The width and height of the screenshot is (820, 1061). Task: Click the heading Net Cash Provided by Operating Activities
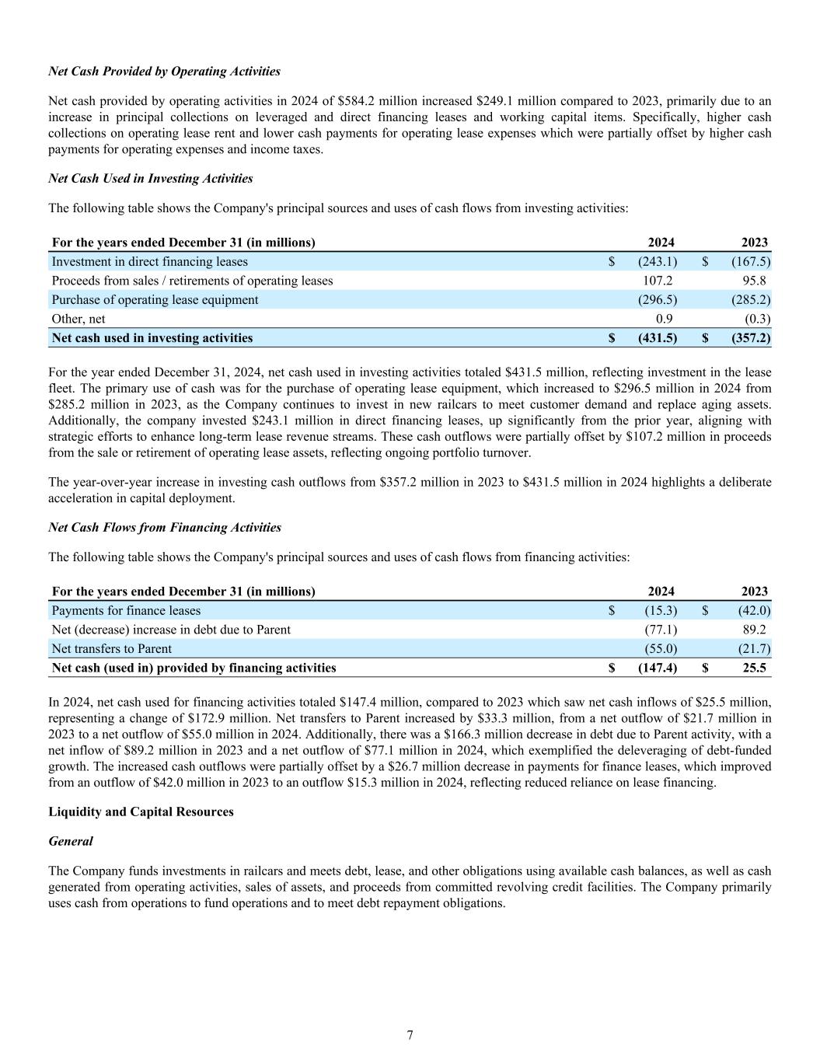[164, 72]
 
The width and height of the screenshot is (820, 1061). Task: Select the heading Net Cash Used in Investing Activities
[150, 179]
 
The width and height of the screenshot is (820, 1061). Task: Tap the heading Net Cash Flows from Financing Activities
[165, 528]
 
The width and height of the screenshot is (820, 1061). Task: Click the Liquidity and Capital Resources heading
[141, 812]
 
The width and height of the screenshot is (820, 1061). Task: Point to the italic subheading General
[70, 842]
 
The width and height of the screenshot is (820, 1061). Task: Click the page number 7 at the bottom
[410, 1035]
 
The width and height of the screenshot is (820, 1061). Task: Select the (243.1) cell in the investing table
[657, 262]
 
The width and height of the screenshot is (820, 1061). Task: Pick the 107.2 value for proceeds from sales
[658, 281]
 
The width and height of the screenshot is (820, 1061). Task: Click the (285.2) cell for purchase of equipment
[750, 300]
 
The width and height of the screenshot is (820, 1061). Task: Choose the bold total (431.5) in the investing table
[657, 338]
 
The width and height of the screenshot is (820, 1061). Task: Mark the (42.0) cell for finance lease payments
[754, 611]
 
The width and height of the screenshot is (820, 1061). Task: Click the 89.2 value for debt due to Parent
[754, 630]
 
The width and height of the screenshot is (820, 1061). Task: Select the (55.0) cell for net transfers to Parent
[661, 649]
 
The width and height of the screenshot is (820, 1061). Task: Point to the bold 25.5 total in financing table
[754, 668]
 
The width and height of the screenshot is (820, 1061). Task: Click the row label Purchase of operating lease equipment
[155, 300]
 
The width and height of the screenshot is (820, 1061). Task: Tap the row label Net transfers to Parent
[111, 649]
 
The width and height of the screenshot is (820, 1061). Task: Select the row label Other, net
[78, 319]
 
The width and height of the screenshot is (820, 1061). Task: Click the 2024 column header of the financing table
[661, 592]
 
